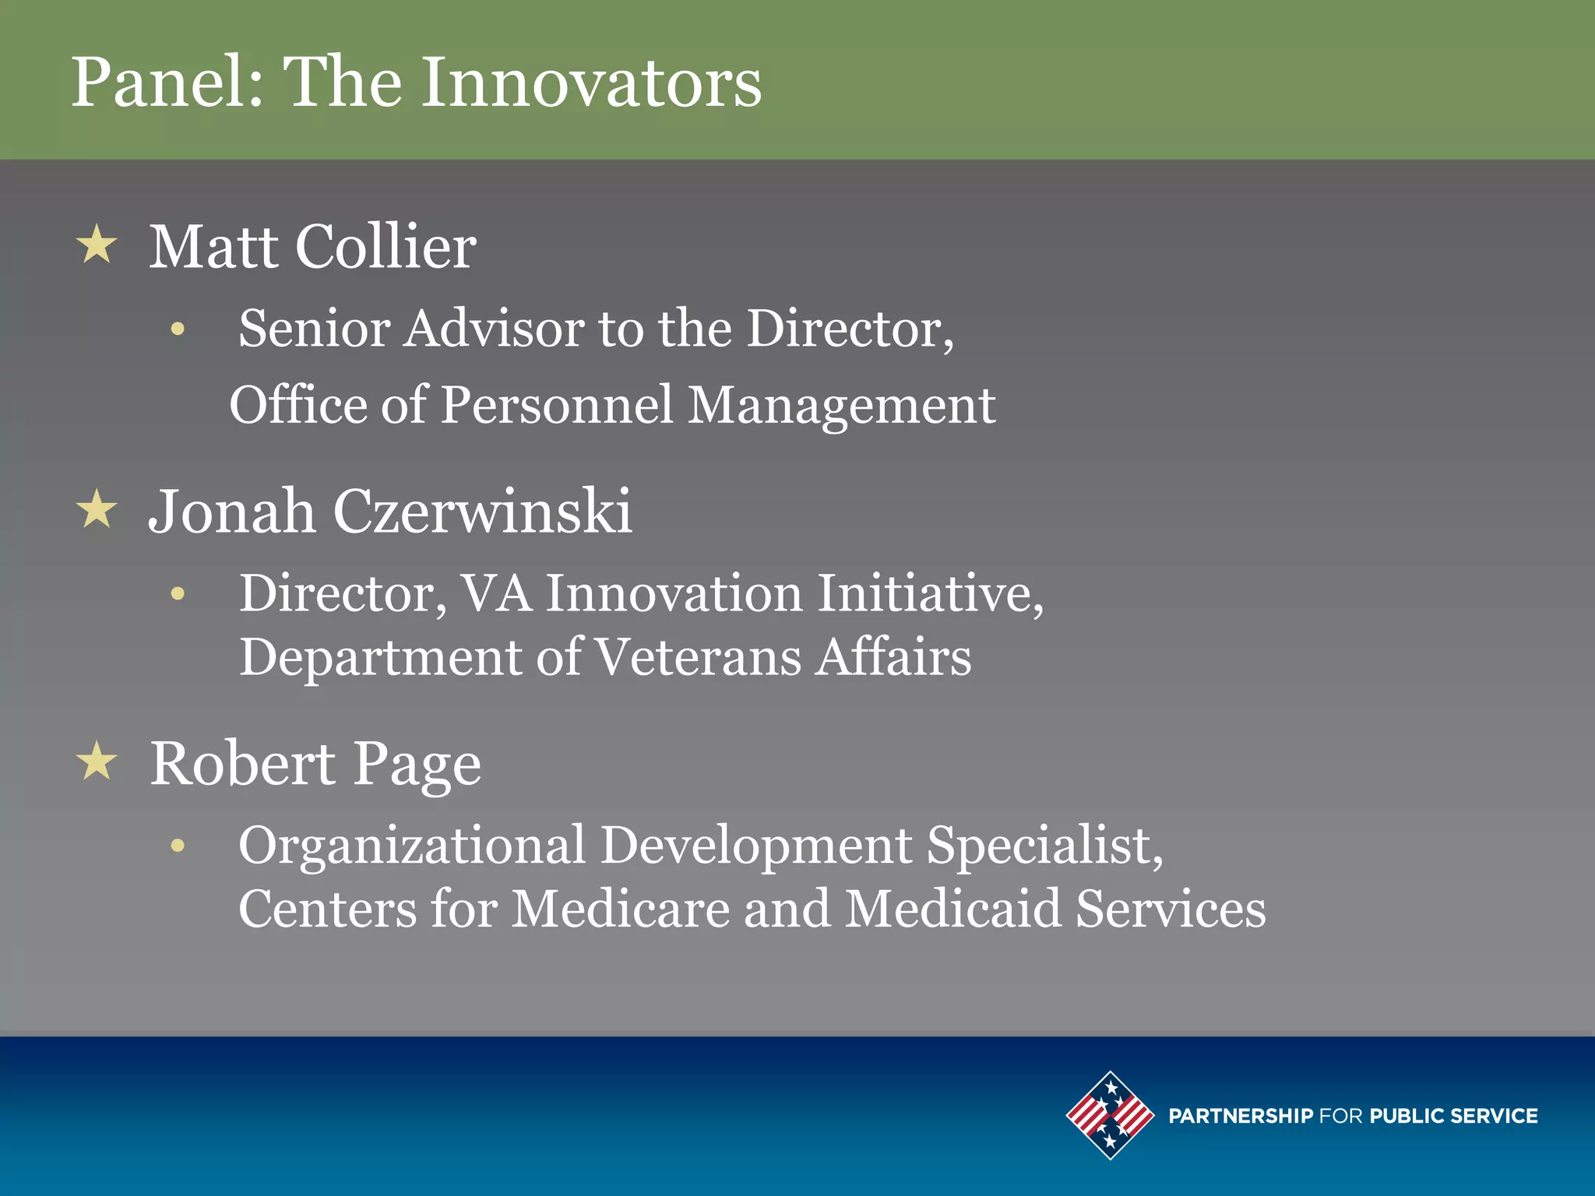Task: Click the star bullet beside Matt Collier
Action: point(97,244)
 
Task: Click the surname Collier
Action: point(386,246)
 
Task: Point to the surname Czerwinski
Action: point(482,512)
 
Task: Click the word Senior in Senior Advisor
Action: point(313,328)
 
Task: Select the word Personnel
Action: point(556,405)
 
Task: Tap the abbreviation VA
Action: point(496,593)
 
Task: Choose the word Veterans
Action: point(698,656)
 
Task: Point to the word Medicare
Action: point(620,909)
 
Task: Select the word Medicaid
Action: point(952,909)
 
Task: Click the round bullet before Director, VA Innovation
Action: point(178,594)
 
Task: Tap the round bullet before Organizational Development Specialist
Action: point(178,846)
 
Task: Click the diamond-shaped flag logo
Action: point(1110,1115)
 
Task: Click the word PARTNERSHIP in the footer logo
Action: point(1240,1116)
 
